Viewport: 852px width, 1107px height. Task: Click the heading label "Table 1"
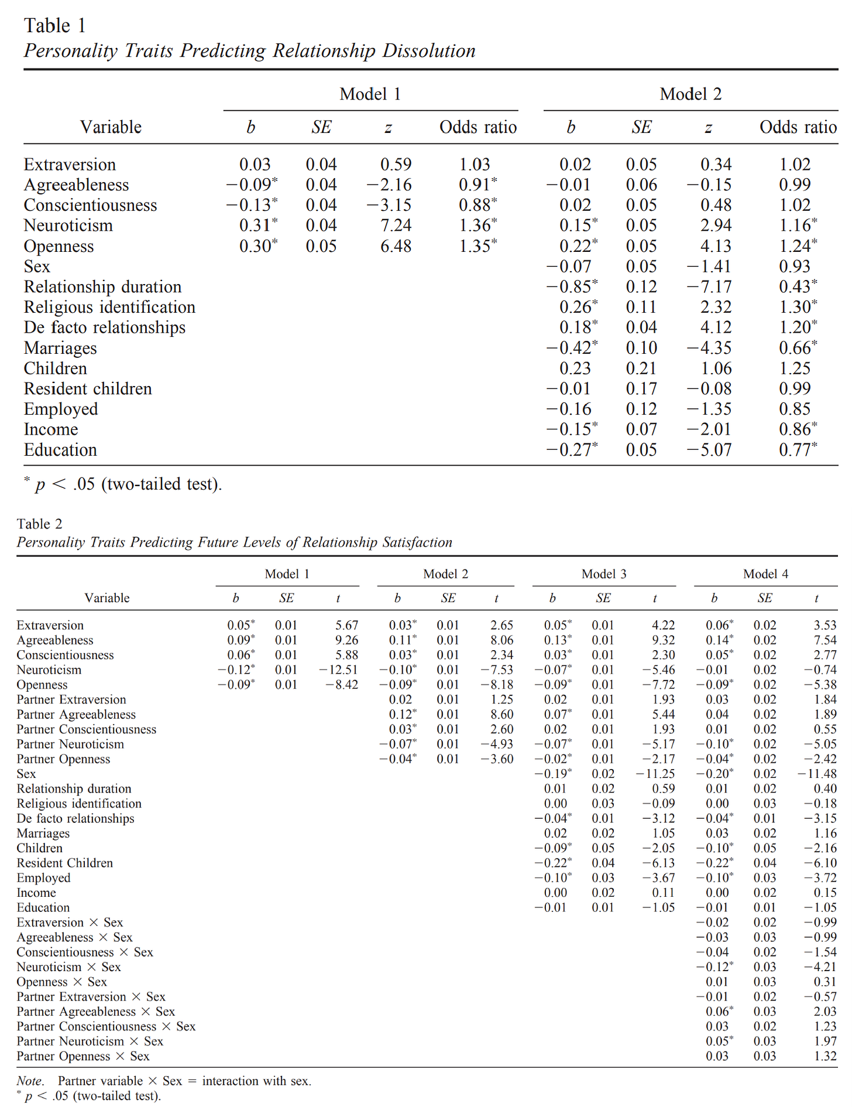[55, 26]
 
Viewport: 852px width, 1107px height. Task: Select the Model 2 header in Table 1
[690, 94]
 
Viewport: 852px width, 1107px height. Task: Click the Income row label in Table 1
[51, 429]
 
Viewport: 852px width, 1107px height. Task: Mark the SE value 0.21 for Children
[641, 368]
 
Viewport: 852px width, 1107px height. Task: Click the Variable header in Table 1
[111, 127]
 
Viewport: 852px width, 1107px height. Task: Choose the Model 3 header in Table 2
[604, 574]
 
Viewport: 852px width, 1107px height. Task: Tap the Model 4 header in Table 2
[765, 574]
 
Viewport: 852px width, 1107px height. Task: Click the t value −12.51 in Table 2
[339, 670]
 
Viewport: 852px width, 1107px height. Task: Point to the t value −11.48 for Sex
[817, 774]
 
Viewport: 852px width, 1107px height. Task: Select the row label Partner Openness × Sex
[83, 1056]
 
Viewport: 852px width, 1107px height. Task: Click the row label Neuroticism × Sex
[68, 967]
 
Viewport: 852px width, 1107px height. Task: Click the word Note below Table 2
[29, 1081]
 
